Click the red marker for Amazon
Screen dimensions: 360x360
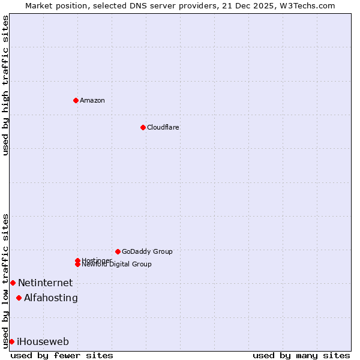76,100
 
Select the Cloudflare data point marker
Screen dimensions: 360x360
143,127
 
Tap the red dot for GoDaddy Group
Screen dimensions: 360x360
118,251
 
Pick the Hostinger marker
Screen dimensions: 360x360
77,260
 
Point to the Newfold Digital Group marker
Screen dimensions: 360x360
77,264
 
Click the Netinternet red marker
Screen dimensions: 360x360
13,283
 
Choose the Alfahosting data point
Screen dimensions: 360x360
19,298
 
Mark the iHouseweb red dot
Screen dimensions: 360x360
11,341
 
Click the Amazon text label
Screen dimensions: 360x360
92,100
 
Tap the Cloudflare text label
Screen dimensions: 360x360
163,127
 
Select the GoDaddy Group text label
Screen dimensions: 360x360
147,251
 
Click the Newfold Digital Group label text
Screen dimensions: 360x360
117,265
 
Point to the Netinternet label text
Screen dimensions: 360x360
45,283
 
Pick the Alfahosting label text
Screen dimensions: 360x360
51,298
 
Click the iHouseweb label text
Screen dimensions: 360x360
43,341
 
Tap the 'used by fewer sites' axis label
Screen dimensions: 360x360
62,355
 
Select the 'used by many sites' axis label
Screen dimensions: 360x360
301,355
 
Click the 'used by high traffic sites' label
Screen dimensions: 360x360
5,85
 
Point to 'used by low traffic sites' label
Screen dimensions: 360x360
5,280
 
